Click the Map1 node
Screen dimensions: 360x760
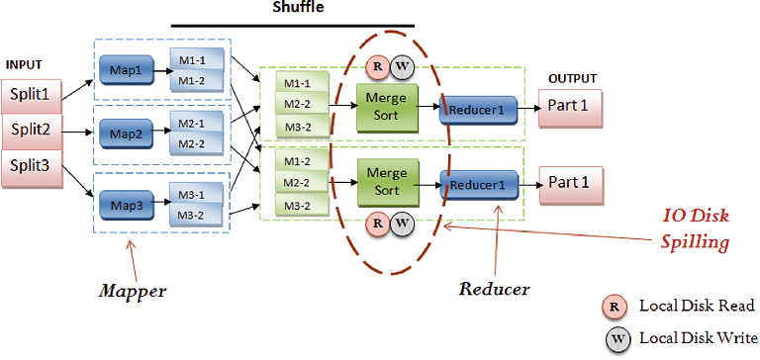click(127, 71)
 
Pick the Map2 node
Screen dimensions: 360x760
click(127, 135)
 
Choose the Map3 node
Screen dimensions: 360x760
click(127, 205)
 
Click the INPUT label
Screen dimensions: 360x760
click(25, 64)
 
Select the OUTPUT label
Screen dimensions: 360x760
click(574, 78)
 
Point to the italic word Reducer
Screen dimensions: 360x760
click(495, 290)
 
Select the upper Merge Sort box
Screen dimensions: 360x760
click(386, 105)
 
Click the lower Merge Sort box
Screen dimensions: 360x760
click(386, 181)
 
